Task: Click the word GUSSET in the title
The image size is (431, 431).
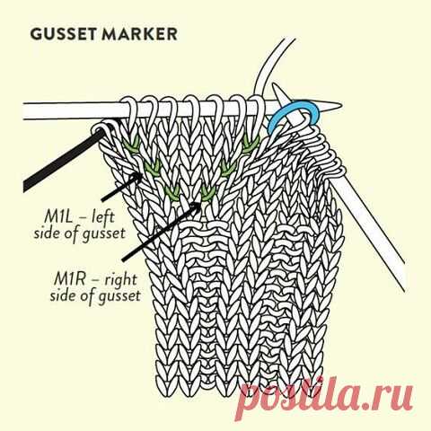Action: pos(63,34)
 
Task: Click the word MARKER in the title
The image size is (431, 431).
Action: pos(139,34)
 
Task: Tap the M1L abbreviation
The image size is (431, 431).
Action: pos(58,216)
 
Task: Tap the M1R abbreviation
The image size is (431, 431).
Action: pos(68,279)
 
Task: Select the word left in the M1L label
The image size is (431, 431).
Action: pos(102,216)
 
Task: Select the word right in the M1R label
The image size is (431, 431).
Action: pos(120,281)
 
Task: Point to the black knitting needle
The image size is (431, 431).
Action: pos(64,160)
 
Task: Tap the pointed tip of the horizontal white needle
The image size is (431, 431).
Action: pos(340,106)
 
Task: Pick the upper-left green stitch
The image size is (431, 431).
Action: pos(132,143)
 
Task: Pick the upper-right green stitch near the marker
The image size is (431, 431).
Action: pos(251,142)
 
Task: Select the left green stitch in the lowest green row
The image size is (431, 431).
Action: pos(172,192)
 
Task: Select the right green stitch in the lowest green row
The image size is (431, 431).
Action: pos(208,192)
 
